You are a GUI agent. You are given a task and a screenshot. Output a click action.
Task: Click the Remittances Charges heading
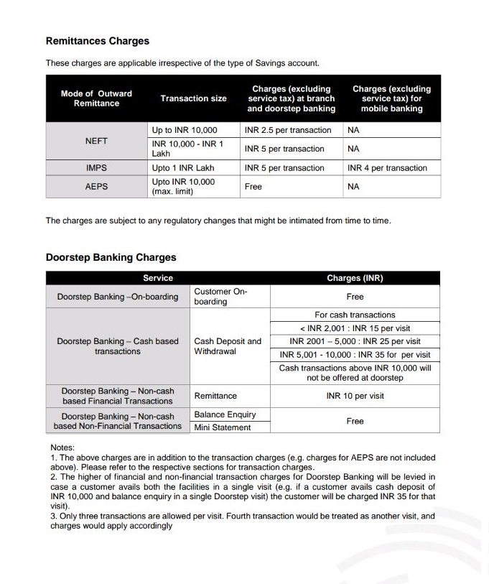point(98,41)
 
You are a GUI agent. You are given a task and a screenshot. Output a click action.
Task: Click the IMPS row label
point(96,168)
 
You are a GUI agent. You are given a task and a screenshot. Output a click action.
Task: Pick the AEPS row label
point(96,186)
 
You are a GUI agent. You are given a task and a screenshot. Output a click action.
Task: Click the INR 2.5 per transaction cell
point(288,131)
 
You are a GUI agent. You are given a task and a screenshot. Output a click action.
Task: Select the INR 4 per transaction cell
point(387,168)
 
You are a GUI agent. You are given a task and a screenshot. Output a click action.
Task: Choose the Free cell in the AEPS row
point(253,186)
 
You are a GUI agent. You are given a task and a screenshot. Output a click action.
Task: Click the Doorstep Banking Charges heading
point(111,257)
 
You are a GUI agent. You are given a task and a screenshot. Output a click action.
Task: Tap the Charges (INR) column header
point(355,278)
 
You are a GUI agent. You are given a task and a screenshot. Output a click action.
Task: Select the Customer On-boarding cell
point(220,297)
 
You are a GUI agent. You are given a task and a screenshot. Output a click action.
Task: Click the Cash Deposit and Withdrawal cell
point(228,346)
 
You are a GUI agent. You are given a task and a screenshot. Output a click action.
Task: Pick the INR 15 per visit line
point(355,328)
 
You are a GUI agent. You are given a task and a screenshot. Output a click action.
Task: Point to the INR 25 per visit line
point(355,341)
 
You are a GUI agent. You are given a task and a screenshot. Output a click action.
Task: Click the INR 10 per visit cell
point(355,396)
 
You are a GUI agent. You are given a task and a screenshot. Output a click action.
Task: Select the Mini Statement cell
point(223,427)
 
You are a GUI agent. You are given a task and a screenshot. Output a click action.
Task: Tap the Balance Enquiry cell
point(225,414)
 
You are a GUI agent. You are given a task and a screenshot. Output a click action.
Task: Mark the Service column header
point(158,278)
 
